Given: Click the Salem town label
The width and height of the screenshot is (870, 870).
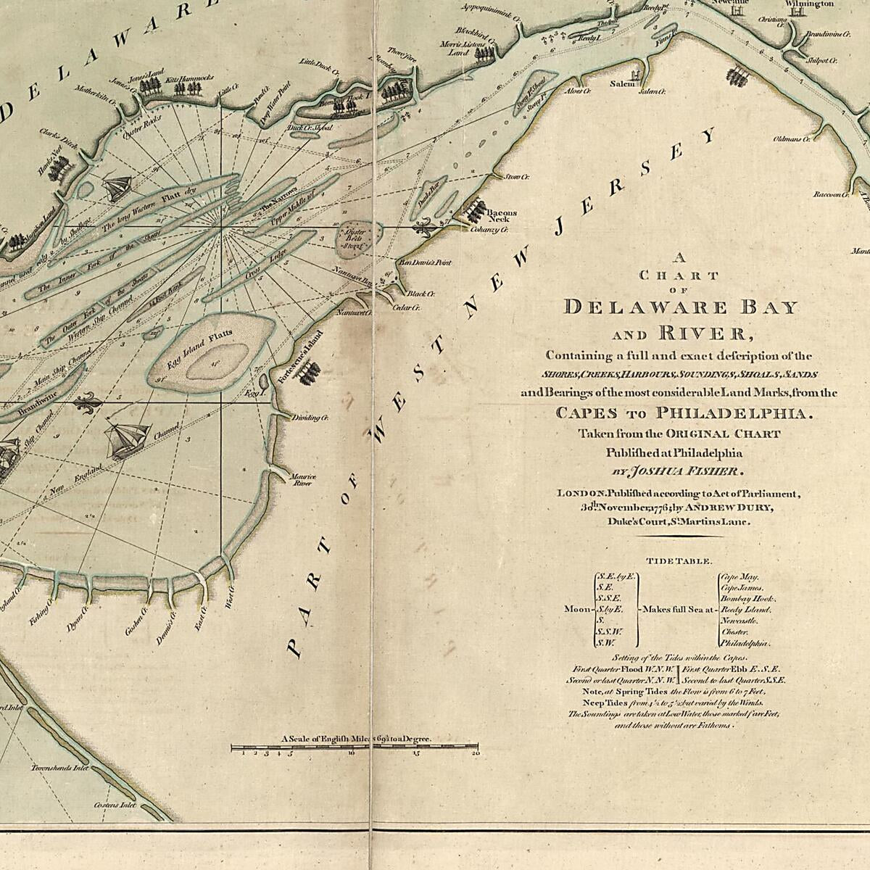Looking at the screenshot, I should point(622,84).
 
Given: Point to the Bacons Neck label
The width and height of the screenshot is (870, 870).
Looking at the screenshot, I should point(502,216).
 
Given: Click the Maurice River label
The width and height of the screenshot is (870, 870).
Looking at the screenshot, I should point(303,480).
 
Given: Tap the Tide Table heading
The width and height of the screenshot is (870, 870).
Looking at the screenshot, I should point(679,561).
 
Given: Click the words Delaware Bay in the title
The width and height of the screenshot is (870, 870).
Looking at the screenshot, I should point(680,307).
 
